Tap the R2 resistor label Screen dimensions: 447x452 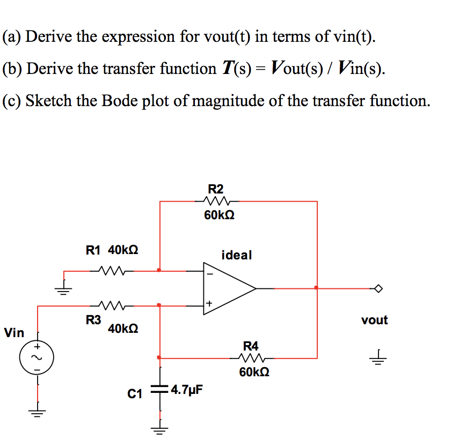coord(216,189)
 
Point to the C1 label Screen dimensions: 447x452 coord(135,394)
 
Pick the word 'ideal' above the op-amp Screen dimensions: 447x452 coord(236,255)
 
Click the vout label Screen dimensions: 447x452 coord(374,320)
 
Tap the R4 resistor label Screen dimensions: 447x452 coord(251,346)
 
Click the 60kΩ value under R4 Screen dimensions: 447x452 coord(254,371)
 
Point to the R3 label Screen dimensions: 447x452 coord(93,320)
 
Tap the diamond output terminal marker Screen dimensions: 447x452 coord(379,288)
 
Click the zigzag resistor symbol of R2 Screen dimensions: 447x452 coord(217,202)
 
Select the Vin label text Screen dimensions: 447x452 coord(14,333)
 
